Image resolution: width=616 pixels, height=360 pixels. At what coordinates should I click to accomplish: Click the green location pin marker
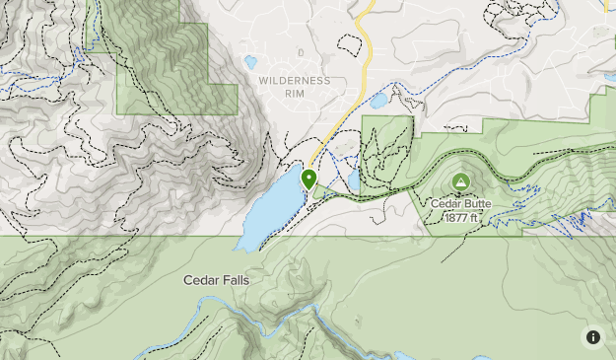(x=308, y=180)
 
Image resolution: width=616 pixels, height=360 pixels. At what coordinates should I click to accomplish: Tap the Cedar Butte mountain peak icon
(x=460, y=182)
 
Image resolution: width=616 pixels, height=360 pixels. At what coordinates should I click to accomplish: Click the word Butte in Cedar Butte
(x=475, y=204)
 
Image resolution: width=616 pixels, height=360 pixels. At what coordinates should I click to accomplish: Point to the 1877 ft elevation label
(x=461, y=217)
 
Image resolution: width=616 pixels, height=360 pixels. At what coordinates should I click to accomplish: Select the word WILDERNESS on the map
(x=295, y=80)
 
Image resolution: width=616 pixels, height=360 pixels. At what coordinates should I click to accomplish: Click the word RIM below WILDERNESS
(x=296, y=96)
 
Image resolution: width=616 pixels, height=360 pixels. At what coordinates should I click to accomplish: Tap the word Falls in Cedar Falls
(x=235, y=280)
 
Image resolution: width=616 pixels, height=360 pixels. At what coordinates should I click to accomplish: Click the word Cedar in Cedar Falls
(x=200, y=280)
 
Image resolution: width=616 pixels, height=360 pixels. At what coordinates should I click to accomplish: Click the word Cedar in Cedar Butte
(x=445, y=204)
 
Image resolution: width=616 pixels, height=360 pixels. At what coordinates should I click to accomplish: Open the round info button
(x=593, y=337)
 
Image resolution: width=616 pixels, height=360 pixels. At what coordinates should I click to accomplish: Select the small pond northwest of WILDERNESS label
(x=250, y=62)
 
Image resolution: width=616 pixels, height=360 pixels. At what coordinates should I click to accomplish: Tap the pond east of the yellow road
(x=378, y=101)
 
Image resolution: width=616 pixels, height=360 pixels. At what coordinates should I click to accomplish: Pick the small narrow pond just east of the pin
(x=353, y=180)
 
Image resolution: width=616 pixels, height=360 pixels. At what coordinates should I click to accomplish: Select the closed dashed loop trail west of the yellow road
(x=347, y=45)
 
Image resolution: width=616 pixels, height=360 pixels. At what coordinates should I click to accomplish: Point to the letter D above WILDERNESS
(x=302, y=51)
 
